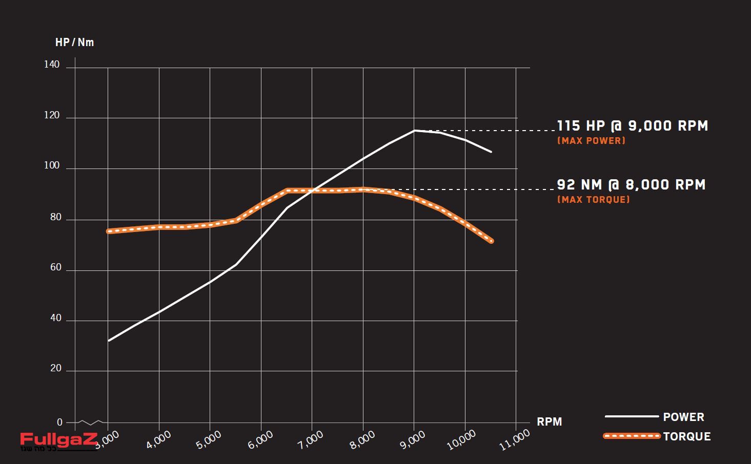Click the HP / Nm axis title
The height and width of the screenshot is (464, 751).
[74, 43]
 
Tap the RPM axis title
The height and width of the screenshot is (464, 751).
[549, 422]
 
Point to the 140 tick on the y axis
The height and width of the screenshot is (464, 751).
[52, 65]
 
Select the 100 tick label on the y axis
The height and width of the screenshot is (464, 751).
[52, 165]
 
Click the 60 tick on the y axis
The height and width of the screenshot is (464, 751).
[55, 267]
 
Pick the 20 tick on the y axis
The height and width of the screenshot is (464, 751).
[55, 368]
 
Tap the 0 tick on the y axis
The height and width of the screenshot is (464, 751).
[59, 423]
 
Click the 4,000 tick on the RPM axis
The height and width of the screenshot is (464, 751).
[158, 440]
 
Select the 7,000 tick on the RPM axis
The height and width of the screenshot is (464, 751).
[311, 440]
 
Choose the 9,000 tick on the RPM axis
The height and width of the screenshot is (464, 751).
[413, 440]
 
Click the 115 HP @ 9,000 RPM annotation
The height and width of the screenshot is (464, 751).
[632, 126]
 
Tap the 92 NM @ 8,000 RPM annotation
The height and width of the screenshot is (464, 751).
[631, 185]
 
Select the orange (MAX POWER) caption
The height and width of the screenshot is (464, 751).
[591, 141]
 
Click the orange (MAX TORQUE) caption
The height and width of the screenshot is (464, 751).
[593, 200]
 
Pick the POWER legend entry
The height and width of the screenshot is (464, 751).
[683, 417]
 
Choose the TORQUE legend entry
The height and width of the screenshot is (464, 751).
[686, 436]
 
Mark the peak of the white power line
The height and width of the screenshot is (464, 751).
[414, 131]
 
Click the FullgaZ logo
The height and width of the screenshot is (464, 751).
[58, 440]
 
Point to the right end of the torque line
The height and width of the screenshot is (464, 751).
[491, 241]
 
